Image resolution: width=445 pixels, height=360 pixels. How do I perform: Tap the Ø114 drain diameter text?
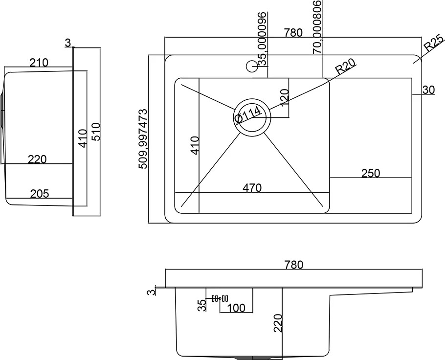248,114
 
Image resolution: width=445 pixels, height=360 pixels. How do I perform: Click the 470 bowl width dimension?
252,188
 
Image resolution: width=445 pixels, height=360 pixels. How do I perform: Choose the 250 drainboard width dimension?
371,173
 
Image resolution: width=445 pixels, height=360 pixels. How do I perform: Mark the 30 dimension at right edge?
428,90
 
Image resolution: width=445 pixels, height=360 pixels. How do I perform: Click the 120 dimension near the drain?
285,98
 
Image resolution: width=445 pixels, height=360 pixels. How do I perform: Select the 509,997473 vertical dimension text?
143,139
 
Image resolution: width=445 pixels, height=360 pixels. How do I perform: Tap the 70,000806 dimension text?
317,27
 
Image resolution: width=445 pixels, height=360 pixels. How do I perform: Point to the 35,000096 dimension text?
263,39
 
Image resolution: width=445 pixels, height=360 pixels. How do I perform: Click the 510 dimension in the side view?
96,132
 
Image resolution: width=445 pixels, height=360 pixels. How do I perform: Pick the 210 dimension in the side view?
39,63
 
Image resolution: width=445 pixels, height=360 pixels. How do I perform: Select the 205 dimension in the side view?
40,194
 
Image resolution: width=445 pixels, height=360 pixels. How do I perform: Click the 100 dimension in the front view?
236,308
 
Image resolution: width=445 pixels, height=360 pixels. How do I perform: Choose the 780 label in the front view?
294,265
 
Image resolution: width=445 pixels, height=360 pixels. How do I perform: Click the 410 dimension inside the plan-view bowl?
195,146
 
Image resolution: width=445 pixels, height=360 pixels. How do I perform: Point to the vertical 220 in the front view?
278,323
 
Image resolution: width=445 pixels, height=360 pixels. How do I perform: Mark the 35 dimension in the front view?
202,306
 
